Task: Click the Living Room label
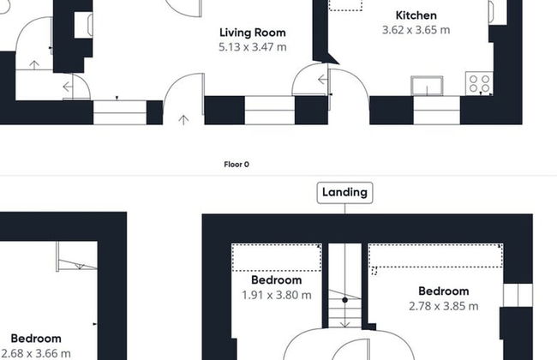[x=253, y=33]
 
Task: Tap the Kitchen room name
[x=416, y=15]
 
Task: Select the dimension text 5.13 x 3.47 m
[x=253, y=47]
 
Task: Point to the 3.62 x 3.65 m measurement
[x=416, y=30]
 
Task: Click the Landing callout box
[x=344, y=193]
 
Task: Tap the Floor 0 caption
[x=237, y=165]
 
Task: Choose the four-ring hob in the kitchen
[x=479, y=83]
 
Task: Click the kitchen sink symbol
[x=427, y=86]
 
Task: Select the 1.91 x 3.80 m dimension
[x=277, y=295]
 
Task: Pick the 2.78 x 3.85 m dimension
[x=443, y=306]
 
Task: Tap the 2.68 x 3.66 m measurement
[x=36, y=353]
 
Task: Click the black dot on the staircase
[x=344, y=300]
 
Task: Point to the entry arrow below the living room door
[x=183, y=120]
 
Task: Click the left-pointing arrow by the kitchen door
[x=322, y=80]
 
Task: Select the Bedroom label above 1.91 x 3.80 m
[x=277, y=280]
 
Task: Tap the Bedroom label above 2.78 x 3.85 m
[x=443, y=291]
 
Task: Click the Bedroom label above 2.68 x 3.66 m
[x=36, y=339]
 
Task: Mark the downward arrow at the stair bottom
[x=344, y=325]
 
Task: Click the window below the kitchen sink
[x=436, y=111]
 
